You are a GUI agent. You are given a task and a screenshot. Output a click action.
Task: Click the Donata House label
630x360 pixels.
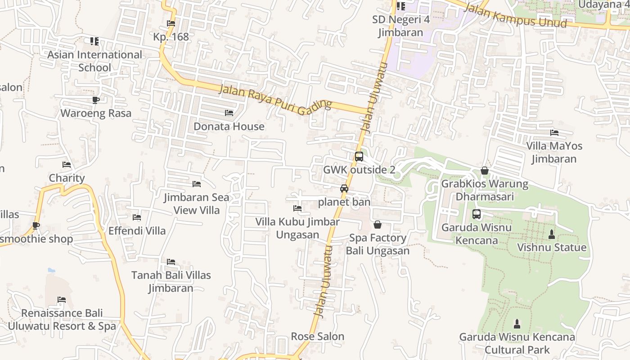(229, 126)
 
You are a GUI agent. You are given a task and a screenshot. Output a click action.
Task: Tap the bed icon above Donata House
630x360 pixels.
(229, 113)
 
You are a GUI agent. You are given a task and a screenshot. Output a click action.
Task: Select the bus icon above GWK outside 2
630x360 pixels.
(359, 157)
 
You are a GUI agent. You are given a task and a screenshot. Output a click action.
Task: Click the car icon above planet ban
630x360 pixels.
(344, 189)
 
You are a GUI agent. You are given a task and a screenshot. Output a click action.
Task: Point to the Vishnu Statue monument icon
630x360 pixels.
(552, 234)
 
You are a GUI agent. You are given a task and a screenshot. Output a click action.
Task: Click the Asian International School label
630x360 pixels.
(94, 61)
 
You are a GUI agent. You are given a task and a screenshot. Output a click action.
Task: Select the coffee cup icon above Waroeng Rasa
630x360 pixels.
(95, 100)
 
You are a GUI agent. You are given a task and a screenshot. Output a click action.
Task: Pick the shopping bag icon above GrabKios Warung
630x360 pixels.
(485, 171)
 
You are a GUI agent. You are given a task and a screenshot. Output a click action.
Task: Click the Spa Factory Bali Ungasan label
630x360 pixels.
(378, 244)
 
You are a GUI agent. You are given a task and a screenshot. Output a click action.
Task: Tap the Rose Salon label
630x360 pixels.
(318, 336)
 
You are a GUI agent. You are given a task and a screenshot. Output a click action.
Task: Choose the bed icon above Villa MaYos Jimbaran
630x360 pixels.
(554, 133)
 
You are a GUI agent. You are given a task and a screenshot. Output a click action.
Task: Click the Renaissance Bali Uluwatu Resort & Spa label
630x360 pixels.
(62, 319)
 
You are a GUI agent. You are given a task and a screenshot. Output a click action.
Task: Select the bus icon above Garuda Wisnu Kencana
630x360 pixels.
(477, 214)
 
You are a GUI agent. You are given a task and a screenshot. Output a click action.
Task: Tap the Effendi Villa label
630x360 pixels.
(137, 231)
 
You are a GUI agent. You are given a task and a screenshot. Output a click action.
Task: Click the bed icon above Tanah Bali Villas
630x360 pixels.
(171, 262)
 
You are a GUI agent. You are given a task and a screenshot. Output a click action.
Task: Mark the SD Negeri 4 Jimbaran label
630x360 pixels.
(400, 26)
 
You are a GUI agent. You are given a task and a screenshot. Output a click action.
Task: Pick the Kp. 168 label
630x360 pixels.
(171, 37)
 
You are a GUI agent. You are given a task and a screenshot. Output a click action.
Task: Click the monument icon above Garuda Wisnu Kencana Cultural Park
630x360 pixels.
(517, 324)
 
